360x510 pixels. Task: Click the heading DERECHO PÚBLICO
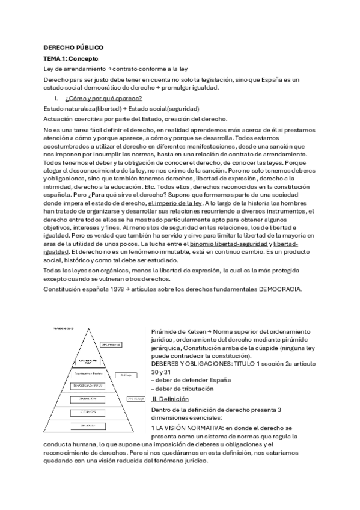click(x=73, y=47)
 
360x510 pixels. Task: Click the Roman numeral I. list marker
click(x=56, y=98)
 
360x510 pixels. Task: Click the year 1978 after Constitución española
click(x=113, y=290)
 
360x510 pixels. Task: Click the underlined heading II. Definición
click(x=171, y=399)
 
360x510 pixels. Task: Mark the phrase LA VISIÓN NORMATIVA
click(x=191, y=427)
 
